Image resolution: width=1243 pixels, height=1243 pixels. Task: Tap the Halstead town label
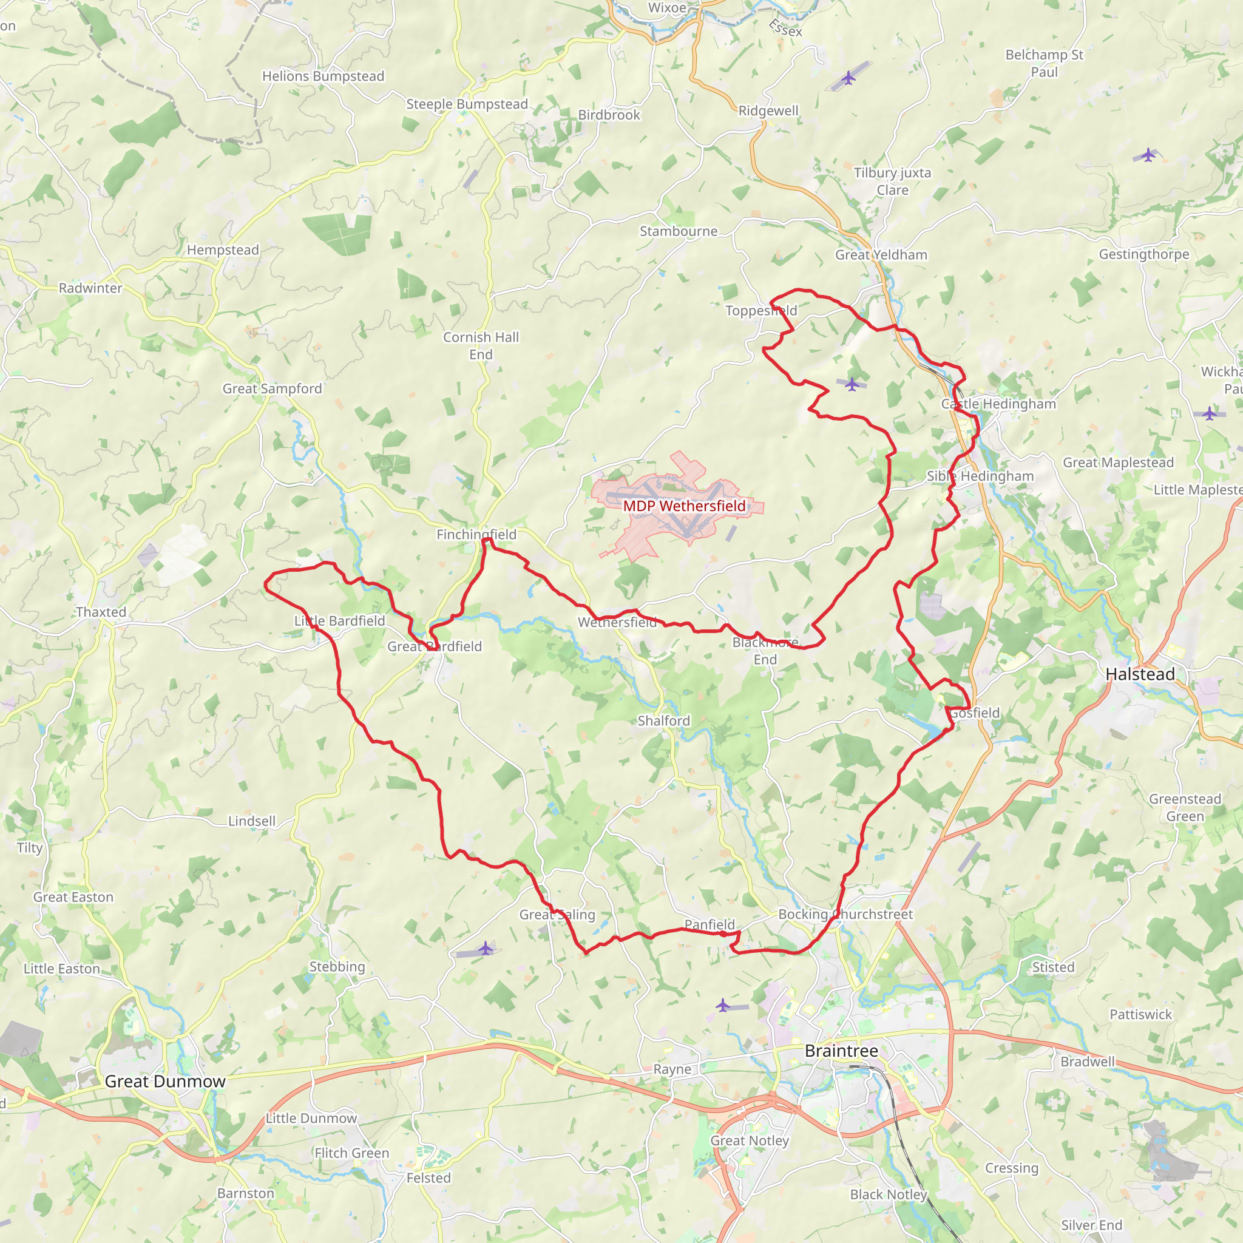tap(1140, 674)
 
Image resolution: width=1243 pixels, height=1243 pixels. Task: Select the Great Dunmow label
tap(164, 1081)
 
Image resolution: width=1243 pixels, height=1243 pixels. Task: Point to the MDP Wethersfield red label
tap(684, 506)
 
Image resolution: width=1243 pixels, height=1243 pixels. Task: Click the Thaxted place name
tap(101, 612)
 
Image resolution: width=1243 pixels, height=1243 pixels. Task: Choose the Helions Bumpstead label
tap(323, 76)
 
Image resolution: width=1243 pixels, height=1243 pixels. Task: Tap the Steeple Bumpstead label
tap(467, 104)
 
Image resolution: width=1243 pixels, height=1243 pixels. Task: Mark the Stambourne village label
tap(678, 231)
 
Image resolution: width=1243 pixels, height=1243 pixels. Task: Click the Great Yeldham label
tap(881, 255)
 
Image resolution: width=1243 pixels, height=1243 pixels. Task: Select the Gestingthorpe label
tap(1144, 254)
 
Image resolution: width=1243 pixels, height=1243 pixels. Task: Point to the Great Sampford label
tap(272, 388)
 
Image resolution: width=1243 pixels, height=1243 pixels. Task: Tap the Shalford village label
tap(663, 720)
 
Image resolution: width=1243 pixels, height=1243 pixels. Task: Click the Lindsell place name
tap(251, 821)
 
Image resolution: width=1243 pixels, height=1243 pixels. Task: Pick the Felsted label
tap(428, 1178)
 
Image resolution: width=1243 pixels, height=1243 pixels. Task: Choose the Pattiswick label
tap(1140, 1015)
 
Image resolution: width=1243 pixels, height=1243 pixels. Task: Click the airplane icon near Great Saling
tap(486, 949)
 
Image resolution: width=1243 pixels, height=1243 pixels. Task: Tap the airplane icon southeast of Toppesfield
tap(852, 384)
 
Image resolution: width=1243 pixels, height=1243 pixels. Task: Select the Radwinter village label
tap(90, 288)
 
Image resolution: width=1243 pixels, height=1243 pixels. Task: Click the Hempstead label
tap(223, 249)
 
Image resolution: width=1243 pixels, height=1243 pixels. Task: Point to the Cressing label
tap(1011, 1168)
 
